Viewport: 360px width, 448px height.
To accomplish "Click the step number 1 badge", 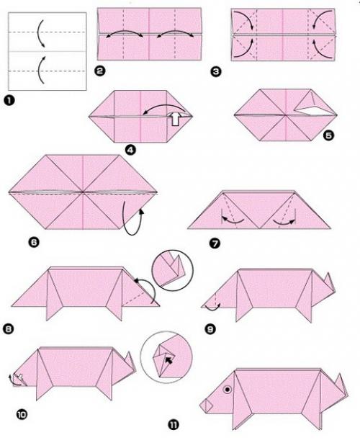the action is (x=9, y=101).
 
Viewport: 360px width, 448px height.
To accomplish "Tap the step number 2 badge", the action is (x=99, y=71).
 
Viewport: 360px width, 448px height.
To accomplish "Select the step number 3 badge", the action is (x=216, y=71).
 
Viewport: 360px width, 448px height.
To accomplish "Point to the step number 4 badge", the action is (x=130, y=150).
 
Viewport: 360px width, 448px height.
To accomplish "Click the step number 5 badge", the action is (x=328, y=135).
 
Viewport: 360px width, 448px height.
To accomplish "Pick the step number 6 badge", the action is (x=34, y=242).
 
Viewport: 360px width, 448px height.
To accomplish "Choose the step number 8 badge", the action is (x=8, y=329).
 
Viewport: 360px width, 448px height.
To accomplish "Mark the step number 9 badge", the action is (x=210, y=329).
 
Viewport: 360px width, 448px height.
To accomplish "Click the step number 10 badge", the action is (x=22, y=414).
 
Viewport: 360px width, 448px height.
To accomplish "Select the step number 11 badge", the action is (x=173, y=425).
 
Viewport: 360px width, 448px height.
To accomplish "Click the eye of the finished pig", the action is (x=227, y=389).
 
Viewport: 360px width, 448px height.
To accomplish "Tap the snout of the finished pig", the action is (x=207, y=406).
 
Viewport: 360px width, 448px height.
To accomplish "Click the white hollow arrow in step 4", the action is (x=176, y=118).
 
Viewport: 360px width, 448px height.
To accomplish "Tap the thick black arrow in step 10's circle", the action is (x=169, y=360).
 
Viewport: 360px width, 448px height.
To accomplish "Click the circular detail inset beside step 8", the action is (x=172, y=270).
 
